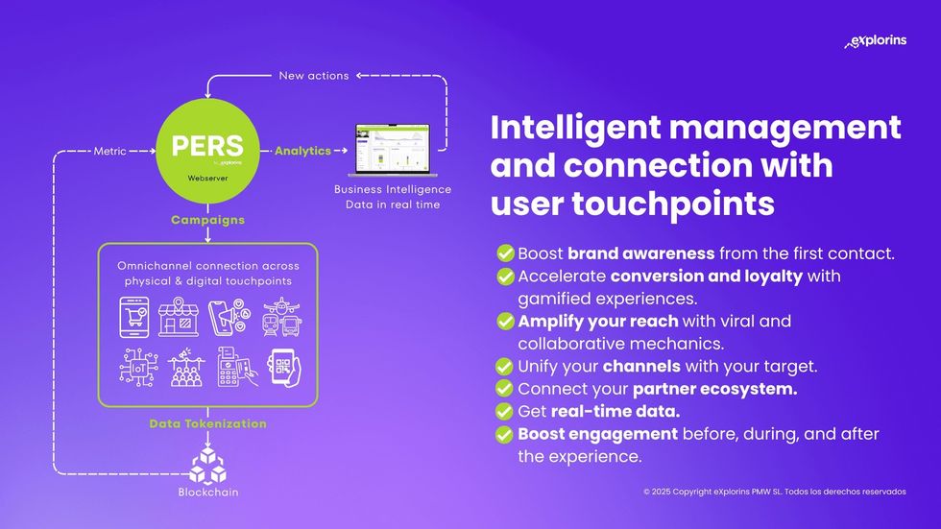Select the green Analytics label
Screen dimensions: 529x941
click(302, 151)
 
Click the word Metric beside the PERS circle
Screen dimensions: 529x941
click(110, 151)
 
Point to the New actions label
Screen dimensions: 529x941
click(314, 75)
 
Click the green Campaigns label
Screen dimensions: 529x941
click(207, 220)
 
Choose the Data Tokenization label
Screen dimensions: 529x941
click(207, 423)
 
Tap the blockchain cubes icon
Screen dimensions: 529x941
click(207, 466)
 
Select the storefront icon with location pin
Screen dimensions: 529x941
click(179, 316)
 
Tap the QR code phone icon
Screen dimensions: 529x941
click(282, 366)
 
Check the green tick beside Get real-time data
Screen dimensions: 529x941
click(504, 411)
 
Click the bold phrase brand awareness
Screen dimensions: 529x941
click(640, 253)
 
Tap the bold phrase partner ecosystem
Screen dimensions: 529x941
click(715, 389)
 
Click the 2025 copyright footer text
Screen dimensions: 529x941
click(774, 492)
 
